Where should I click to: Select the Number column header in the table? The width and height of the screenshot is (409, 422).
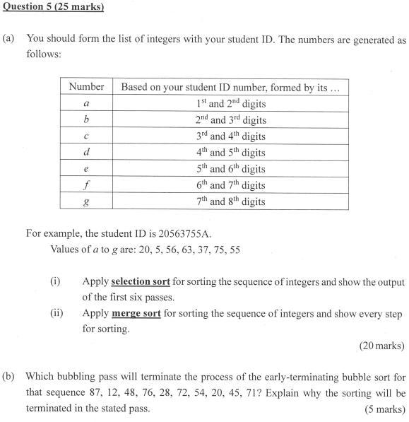[86, 87]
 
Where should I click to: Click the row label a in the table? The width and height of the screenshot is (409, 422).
[86, 104]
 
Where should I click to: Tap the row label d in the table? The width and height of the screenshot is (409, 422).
[86, 153]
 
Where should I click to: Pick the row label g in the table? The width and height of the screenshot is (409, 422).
[86, 201]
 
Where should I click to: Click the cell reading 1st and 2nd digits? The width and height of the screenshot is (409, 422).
[230, 104]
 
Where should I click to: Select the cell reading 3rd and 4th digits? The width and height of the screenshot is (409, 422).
[230, 136]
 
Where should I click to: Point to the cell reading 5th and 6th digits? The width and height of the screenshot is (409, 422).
[230, 169]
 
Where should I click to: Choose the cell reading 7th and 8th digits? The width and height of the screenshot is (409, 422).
[230, 201]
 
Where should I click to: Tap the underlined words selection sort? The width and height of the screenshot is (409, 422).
[141, 281]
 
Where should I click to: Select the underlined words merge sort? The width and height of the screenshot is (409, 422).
[135, 313]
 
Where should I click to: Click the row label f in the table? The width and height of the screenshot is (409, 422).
[86, 185]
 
